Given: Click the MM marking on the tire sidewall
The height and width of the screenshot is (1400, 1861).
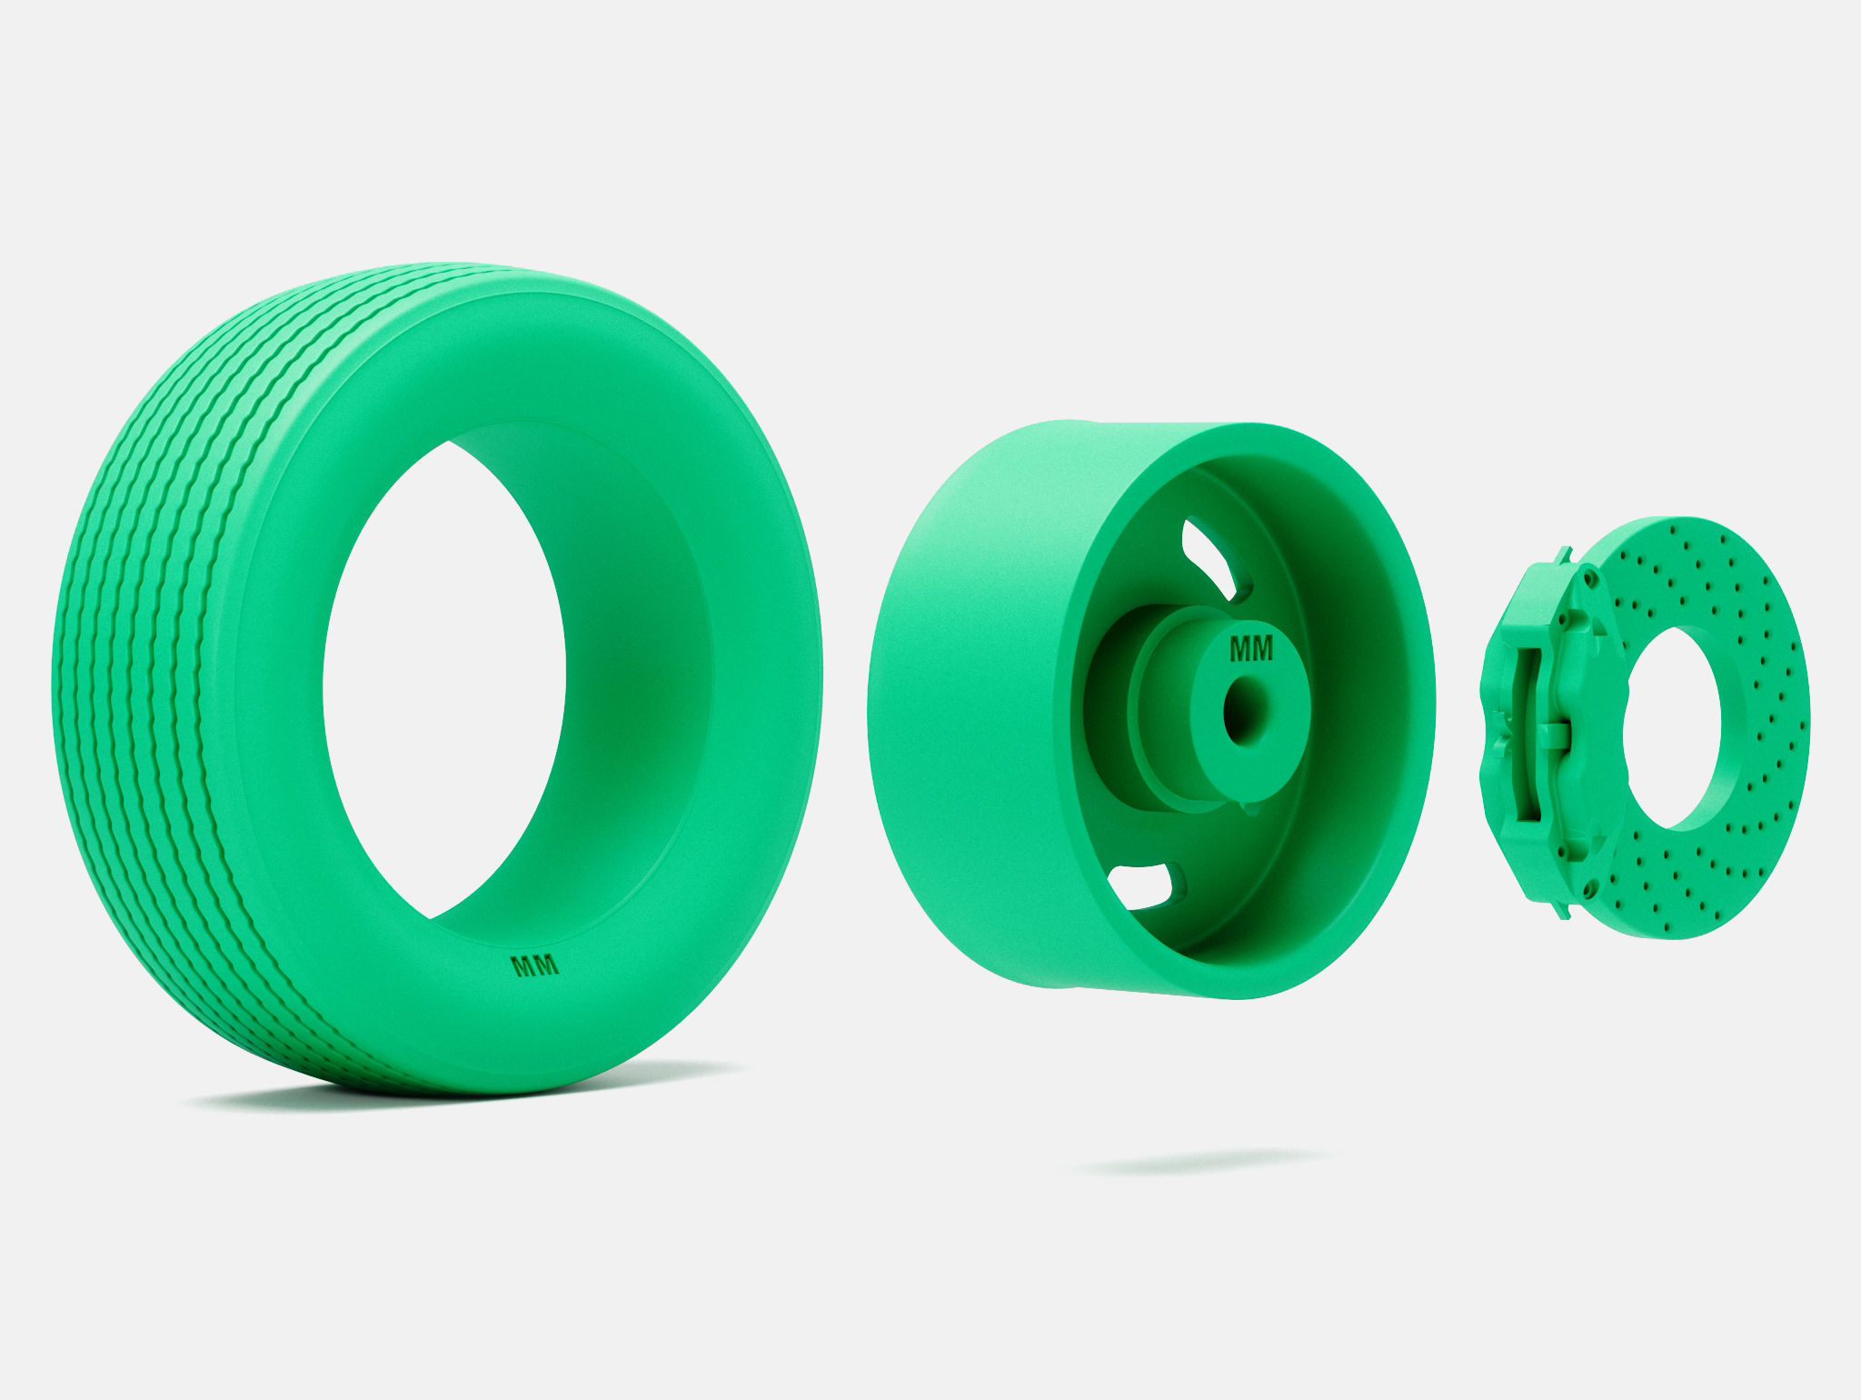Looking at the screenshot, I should (x=536, y=966).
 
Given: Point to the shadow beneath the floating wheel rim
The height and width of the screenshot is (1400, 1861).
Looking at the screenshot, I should (x=1199, y=1161).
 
